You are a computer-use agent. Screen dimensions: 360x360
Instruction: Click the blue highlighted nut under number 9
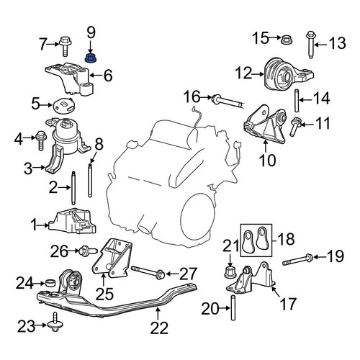click(x=91, y=58)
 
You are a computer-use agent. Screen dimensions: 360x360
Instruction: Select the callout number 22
click(x=159, y=328)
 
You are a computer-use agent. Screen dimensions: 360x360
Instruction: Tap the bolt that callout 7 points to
click(x=64, y=46)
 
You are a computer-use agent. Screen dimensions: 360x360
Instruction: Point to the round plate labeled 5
click(x=64, y=106)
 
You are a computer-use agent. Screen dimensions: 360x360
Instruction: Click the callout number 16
click(x=192, y=97)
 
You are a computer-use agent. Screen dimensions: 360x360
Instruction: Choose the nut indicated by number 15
click(x=287, y=40)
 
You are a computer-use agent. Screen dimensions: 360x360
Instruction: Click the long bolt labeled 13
click(x=310, y=45)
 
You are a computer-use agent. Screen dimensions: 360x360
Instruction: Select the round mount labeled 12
click(x=288, y=74)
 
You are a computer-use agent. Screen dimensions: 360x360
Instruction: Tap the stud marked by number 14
click(x=297, y=101)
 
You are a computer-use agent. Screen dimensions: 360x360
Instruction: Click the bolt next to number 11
click(x=294, y=126)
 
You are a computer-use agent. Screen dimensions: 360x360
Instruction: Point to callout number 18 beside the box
click(x=286, y=239)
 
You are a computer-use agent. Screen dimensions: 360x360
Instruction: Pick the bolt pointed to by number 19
click(x=297, y=260)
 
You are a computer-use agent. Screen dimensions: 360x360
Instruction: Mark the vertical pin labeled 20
click(x=233, y=307)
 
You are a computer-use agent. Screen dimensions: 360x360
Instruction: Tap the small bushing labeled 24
click(x=50, y=283)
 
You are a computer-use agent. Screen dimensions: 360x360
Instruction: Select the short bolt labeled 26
click(x=88, y=251)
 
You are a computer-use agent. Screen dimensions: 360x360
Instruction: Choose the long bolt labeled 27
click(x=148, y=271)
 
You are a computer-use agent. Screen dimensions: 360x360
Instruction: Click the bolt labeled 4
click(x=40, y=140)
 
